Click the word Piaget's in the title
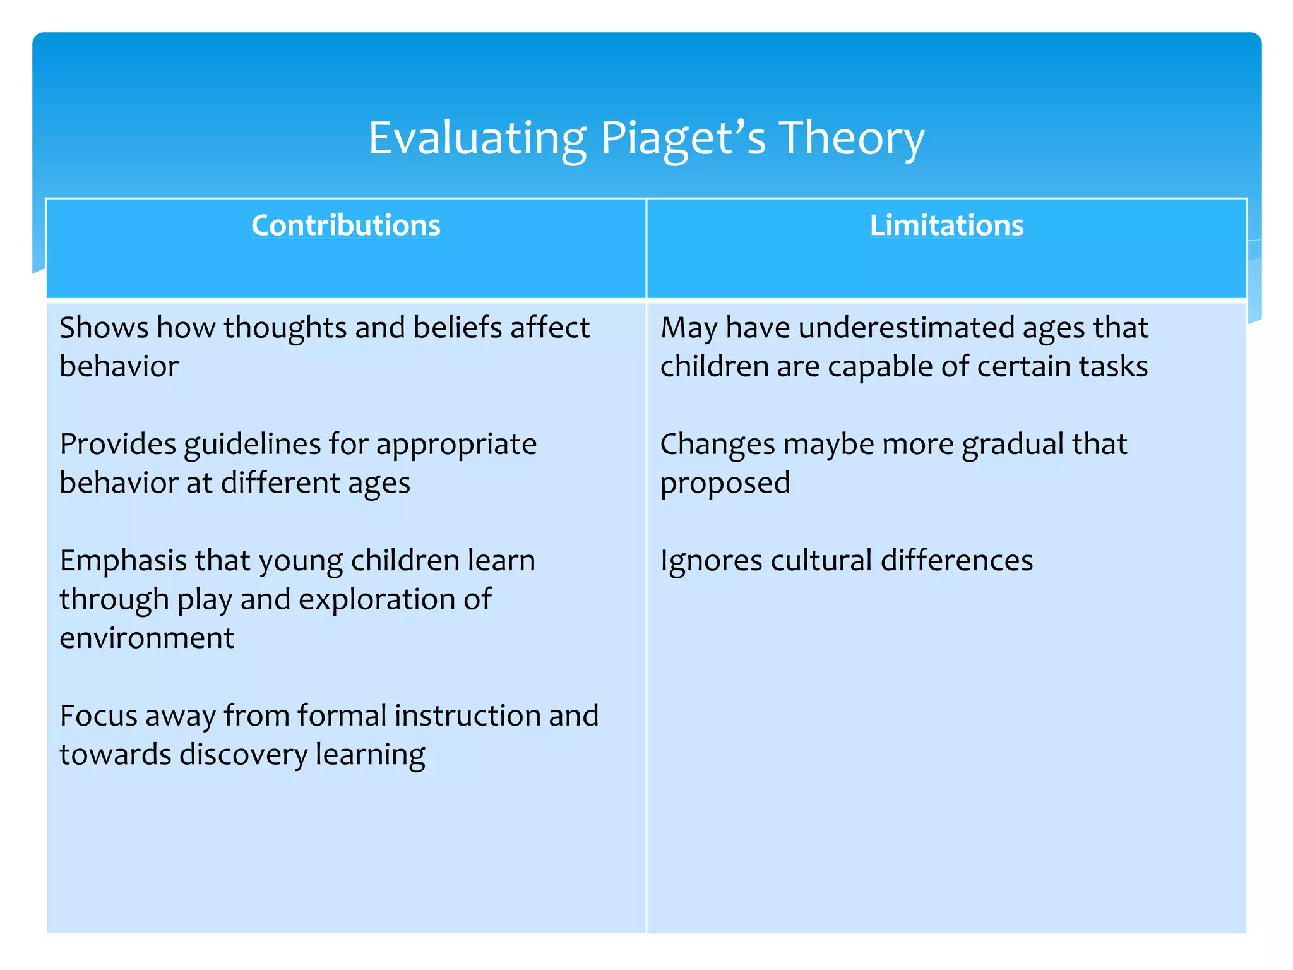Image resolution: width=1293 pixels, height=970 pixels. pos(682,139)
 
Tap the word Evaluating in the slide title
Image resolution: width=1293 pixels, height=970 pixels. pos(477,139)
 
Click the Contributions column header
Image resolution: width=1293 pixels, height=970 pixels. pos(346,225)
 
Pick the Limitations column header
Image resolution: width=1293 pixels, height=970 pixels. pos(946,225)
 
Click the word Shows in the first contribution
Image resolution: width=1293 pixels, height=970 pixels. pos(104,328)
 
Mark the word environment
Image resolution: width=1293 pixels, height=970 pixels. pos(146,638)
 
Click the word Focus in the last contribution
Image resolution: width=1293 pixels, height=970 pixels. pos(98,716)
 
